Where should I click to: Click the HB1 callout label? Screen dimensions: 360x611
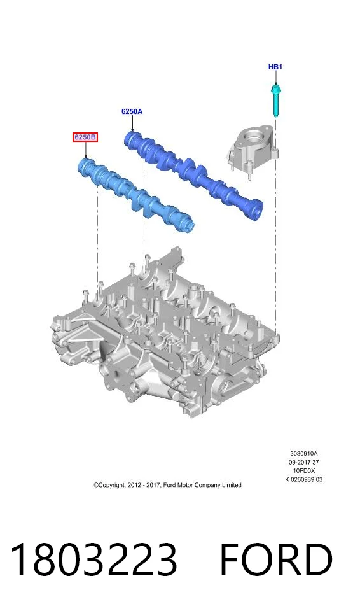(x=275, y=67)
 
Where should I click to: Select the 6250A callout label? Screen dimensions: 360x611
(x=132, y=111)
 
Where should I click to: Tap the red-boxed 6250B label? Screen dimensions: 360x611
(x=85, y=137)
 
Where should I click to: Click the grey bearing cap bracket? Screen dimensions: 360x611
(x=253, y=150)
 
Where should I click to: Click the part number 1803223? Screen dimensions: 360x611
(x=93, y=559)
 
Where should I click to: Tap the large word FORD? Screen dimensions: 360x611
(x=276, y=559)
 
